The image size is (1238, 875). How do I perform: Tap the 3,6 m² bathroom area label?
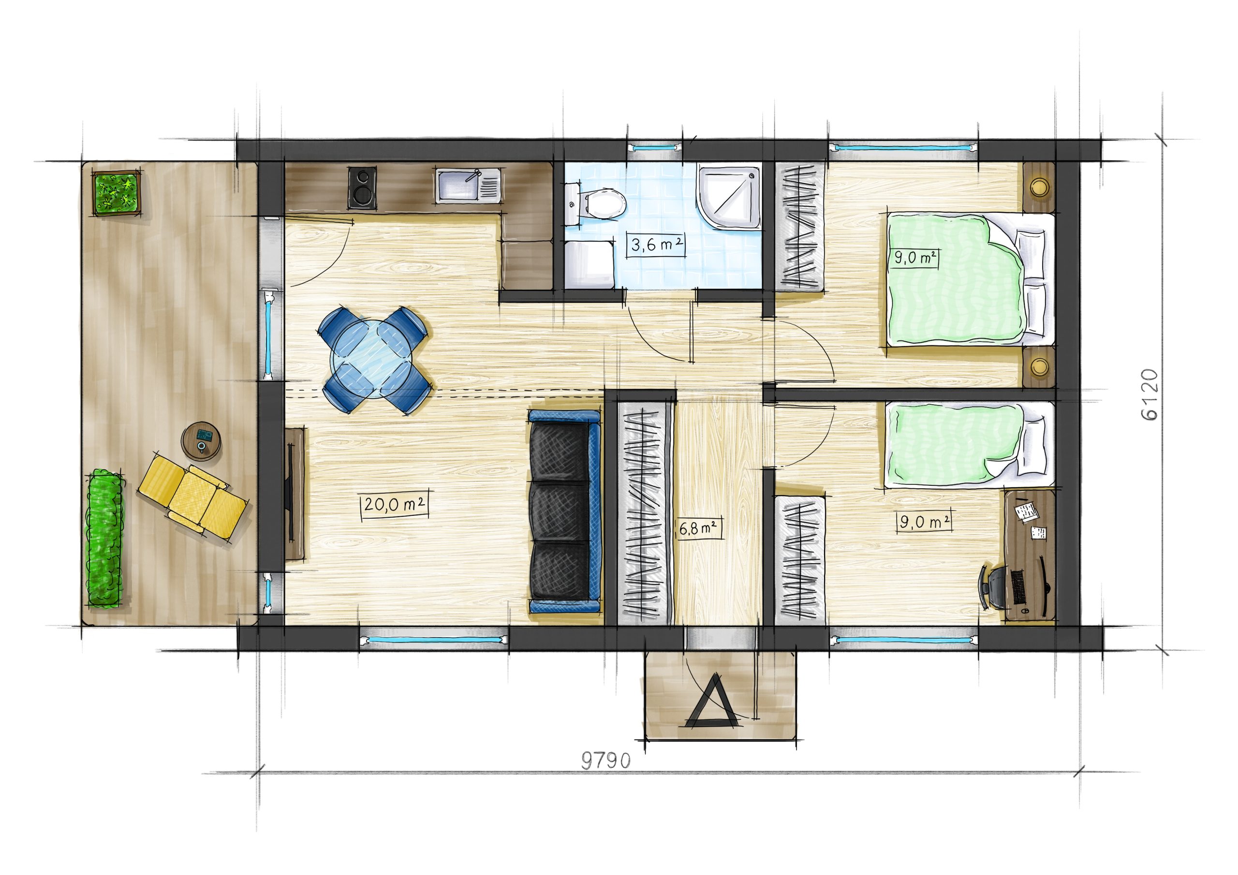656,245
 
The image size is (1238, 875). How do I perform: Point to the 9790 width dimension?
606,761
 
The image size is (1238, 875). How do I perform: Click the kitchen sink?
469,187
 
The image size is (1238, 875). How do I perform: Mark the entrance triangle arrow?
712,701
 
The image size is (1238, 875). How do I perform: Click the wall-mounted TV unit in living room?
295,493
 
